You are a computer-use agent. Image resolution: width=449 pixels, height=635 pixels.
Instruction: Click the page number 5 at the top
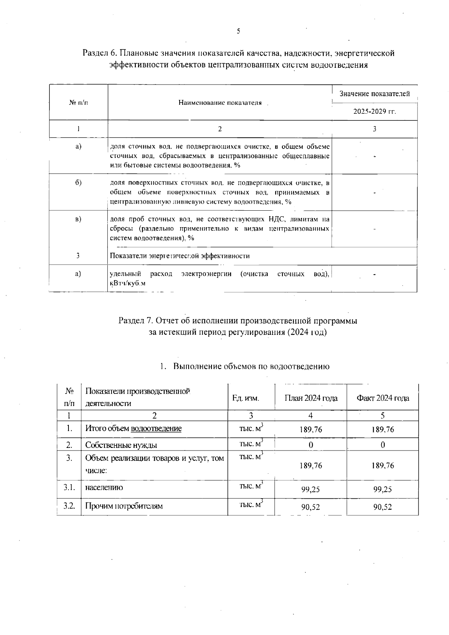(238, 31)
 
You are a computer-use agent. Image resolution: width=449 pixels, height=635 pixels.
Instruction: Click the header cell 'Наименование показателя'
(220, 103)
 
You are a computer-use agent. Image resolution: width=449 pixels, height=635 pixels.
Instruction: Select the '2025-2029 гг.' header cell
(374, 112)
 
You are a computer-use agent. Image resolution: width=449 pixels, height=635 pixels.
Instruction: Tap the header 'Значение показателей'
(374, 94)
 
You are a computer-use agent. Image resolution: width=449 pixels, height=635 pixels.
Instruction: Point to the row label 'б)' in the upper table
(78, 183)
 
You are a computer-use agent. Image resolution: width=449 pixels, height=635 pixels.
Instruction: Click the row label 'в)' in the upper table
(78, 219)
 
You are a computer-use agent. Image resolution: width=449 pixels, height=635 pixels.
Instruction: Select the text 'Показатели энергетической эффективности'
(180, 256)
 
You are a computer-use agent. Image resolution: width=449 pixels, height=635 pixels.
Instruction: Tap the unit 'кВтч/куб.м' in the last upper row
(127, 283)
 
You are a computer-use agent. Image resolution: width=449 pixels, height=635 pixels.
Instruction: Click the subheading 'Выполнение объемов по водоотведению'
(251, 366)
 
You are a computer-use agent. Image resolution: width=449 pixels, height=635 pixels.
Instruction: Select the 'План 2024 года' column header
(311, 398)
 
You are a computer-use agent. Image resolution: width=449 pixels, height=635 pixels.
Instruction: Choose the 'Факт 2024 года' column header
(382, 398)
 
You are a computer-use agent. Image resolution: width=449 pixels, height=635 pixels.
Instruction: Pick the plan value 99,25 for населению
(311, 489)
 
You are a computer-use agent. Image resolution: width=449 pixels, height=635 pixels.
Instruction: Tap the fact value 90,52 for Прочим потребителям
(382, 507)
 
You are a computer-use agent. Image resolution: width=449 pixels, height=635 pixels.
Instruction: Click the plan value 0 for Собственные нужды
(311, 445)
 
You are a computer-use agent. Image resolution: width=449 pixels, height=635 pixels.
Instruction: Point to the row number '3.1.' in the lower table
(69, 488)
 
